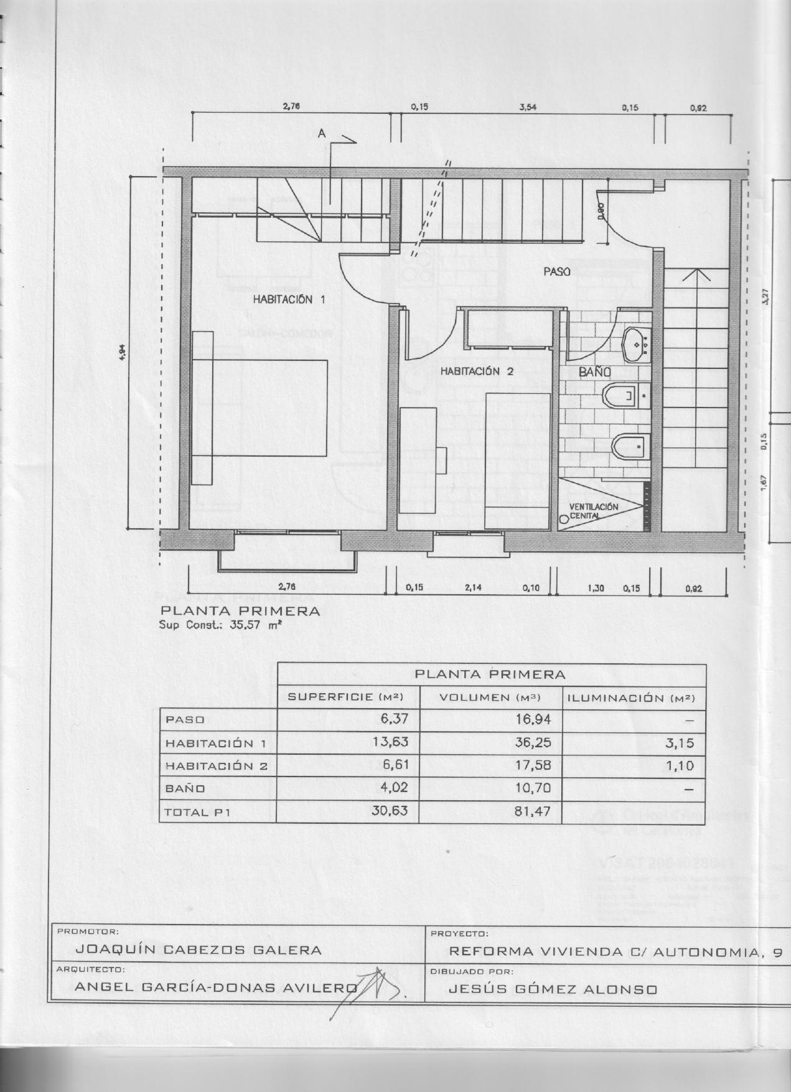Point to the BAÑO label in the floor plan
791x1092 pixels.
594,372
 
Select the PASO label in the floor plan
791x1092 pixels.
557,271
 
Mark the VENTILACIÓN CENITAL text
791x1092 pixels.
593,511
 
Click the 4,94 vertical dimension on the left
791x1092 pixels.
123,353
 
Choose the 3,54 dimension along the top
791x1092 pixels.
528,107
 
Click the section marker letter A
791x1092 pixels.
322,133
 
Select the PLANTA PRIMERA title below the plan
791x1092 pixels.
240,611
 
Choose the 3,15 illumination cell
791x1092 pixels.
680,742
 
